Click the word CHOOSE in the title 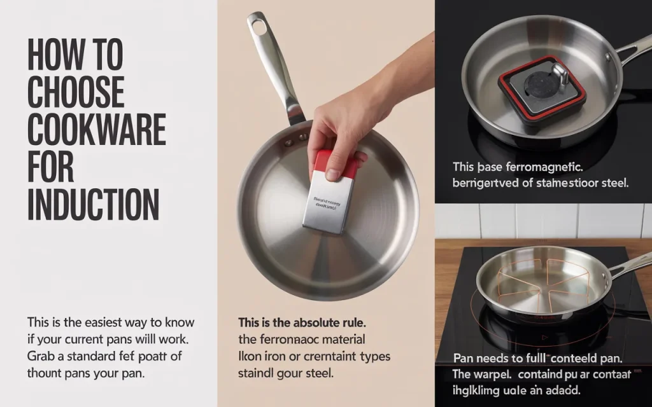76,92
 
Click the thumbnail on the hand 332,173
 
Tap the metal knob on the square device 558,75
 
